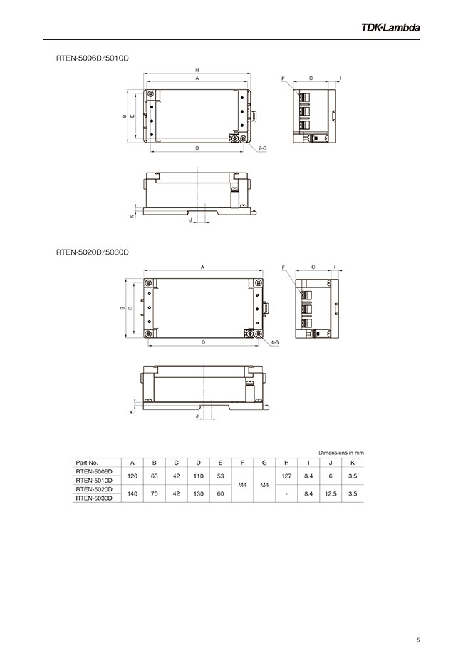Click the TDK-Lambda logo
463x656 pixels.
390,28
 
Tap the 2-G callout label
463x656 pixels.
262,148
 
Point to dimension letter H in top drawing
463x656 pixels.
197,70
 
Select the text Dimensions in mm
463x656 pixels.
340,453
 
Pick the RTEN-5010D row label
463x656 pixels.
93,481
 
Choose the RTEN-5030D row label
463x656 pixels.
93,498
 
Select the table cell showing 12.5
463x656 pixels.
331,493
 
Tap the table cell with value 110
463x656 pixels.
198,476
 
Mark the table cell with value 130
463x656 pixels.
198,493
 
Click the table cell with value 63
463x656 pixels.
154,476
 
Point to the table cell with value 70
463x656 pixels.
154,493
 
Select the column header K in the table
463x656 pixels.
353,463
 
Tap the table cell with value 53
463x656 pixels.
220,476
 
